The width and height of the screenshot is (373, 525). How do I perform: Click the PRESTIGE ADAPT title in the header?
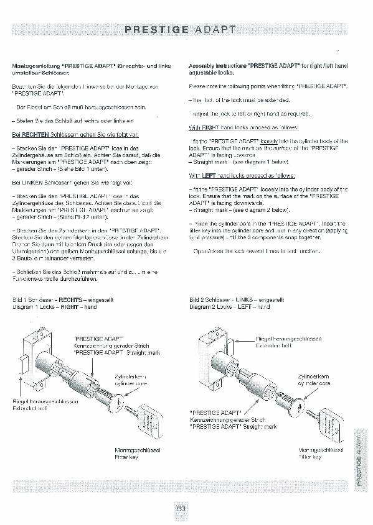click(x=181, y=29)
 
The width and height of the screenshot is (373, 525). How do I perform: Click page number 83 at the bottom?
click(x=181, y=508)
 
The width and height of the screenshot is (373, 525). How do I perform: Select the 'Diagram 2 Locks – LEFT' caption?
click(x=229, y=307)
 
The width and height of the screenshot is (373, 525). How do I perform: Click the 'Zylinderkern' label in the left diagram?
click(x=130, y=377)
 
